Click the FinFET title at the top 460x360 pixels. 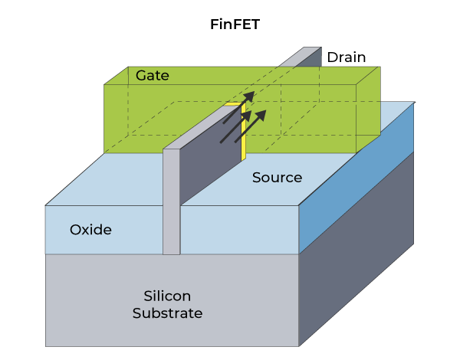pyautogui.click(x=235, y=24)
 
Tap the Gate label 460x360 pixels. pyautogui.click(x=152, y=76)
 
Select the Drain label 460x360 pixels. pyautogui.click(x=346, y=57)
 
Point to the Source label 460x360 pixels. pyautogui.click(x=277, y=178)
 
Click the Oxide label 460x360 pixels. pyautogui.click(x=90, y=229)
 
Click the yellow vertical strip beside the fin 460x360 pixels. pyautogui.click(x=244, y=134)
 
